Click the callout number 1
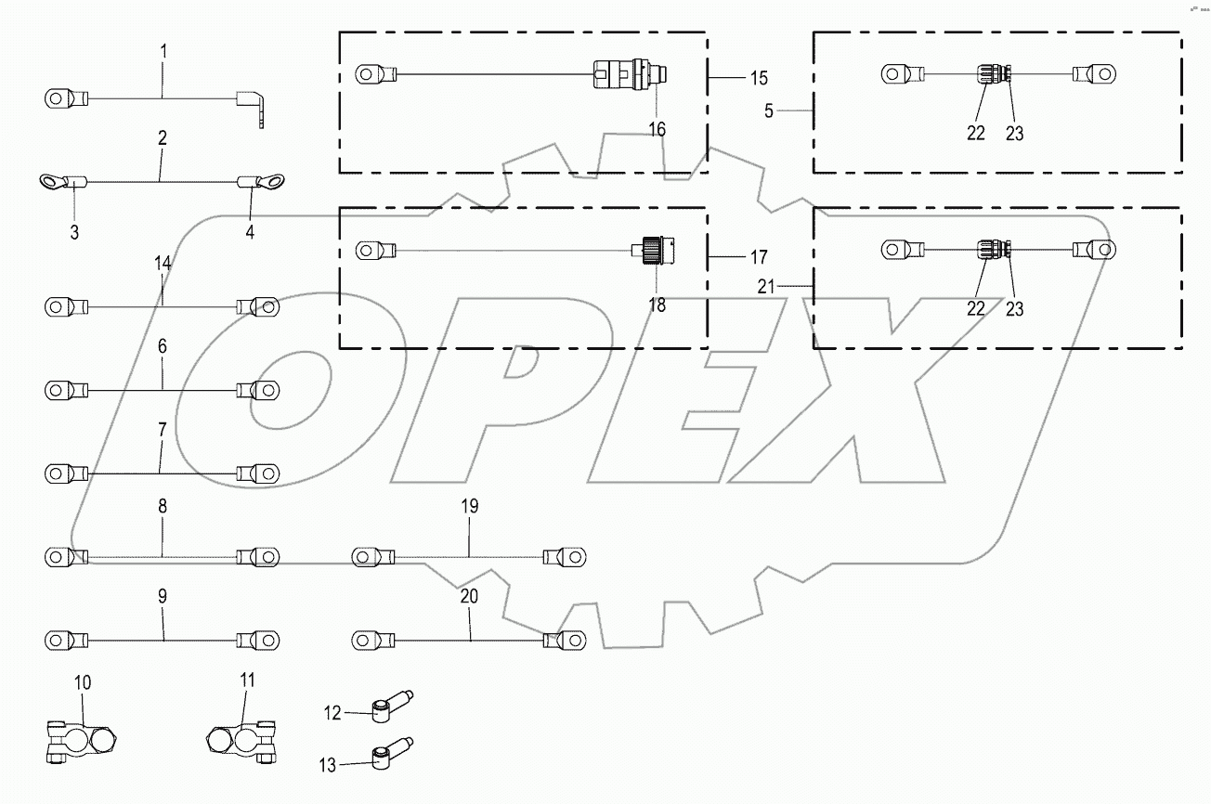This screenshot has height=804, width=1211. pos(163,50)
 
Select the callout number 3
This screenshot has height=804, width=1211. pos(74,232)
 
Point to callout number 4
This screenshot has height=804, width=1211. pos(249,232)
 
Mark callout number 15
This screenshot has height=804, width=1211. pos(758,75)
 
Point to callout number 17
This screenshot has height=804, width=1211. pos(758,255)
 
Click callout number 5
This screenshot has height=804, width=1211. pos(768,111)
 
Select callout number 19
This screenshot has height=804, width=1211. pos(469,507)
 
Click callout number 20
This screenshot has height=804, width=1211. pos(469,596)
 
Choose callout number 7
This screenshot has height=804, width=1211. pos(162,431)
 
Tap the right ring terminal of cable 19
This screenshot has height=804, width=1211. pos(565,557)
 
